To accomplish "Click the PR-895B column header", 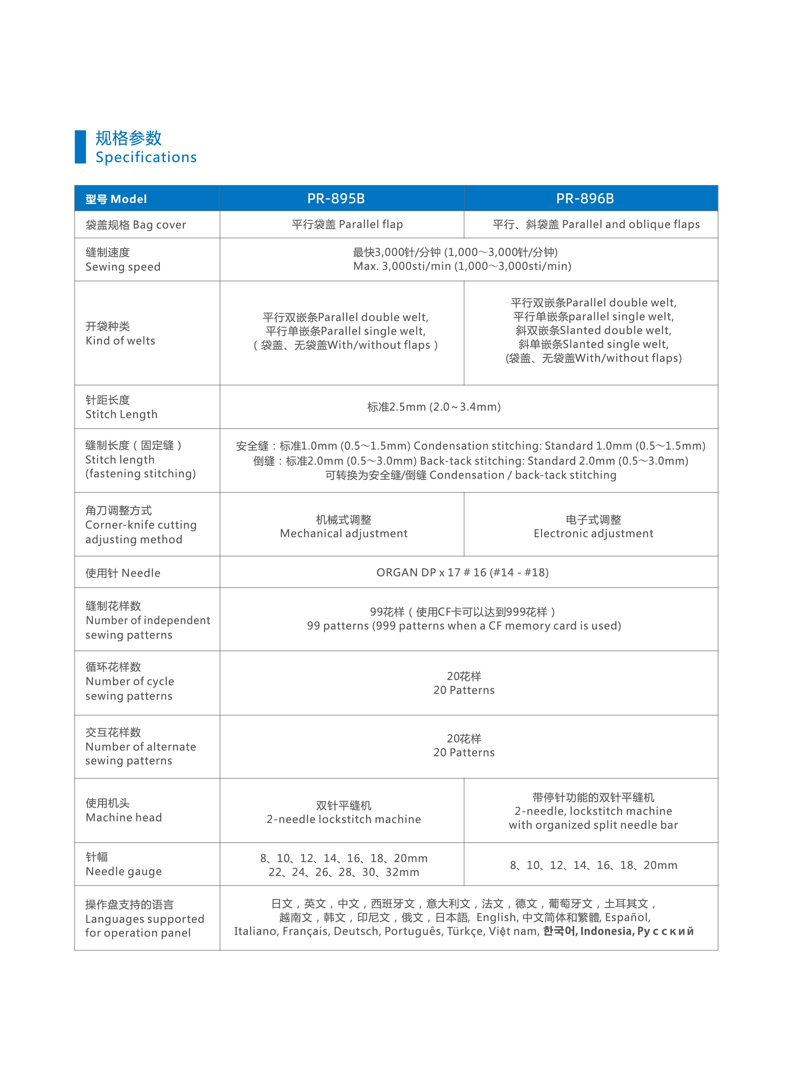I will tap(336, 199).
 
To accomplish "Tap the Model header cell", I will tap(116, 199).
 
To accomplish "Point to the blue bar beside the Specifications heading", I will tap(80, 147).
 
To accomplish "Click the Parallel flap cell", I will tap(347, 224).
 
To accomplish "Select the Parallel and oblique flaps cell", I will tap(596, 224).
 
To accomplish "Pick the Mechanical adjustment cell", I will tap(343, 527).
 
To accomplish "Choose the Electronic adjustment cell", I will tap(593, 527).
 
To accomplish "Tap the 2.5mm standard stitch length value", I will tap(434, 407).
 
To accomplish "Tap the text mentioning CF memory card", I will tap(463, 626).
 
